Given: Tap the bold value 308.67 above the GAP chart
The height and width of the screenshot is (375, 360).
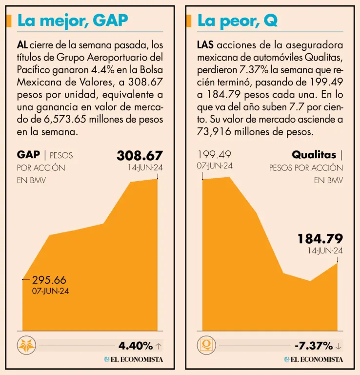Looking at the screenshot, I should click(x=140, y=156).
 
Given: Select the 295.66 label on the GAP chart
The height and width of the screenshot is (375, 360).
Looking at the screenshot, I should click(x=49, y=280).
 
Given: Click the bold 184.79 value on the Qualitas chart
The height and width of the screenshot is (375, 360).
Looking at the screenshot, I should click(x=320, y=239).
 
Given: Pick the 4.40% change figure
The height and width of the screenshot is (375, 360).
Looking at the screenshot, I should click(x=136, y=346).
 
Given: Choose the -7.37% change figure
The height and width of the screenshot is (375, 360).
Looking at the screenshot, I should click(x=314, y=346).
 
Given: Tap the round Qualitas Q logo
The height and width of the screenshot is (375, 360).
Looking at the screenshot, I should click(x=206, y=345).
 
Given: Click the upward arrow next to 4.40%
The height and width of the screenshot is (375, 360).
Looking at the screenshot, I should click(x=158, y=346).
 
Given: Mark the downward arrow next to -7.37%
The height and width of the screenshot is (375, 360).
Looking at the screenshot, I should click(x=339, y=346).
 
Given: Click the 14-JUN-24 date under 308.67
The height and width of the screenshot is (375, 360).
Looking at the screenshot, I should click(x=144, y=167).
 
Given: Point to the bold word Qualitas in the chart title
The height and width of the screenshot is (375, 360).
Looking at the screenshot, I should click(x=314, y=155).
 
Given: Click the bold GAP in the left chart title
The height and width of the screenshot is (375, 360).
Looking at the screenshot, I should click(x=28, y=155).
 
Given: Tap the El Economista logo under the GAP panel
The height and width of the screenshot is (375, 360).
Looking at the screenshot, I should click(x=133, y=359).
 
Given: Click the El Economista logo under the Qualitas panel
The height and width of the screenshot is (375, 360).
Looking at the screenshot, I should click(x=313, y=359).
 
